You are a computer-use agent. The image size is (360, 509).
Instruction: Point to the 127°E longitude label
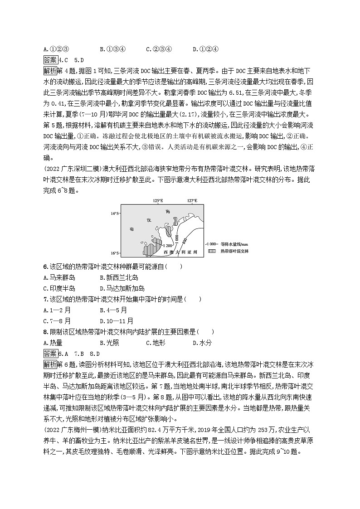pyautogui.click(x=192, y=201)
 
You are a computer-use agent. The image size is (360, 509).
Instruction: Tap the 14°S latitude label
pyautogui.click(x=115, y=213)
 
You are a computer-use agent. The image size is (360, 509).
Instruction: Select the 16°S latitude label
pyautogui.click(x=115, y=253)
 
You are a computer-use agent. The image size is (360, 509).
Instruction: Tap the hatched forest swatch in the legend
pyautogui.click(x=211, y=250)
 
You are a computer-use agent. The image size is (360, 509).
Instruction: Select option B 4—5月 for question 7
pyautogui.click(x=113, y=310)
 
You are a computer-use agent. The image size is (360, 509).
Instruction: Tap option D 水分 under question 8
pyautogui.click(x=202, y=343)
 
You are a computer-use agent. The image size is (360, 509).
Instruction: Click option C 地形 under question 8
pyautogui.click(x=156, y=343)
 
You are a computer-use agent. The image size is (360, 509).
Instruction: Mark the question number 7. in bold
pyautogui.click(x=45, y=299)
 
